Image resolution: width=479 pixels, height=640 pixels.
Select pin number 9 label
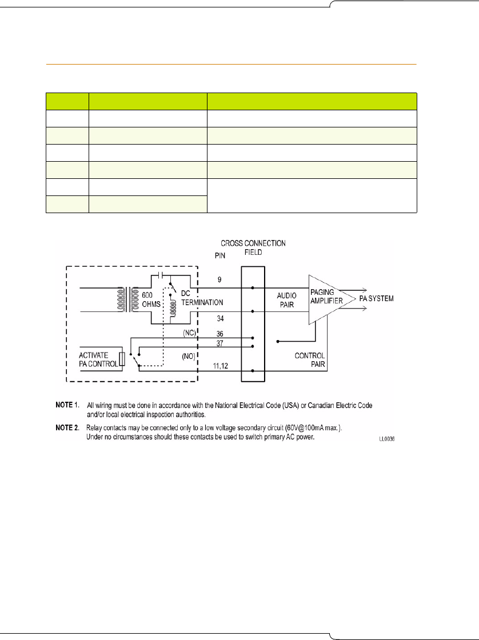pyautogui.click(x=220, y=280)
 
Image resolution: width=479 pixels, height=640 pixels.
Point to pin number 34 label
pyautogui.click(x=220, y=319)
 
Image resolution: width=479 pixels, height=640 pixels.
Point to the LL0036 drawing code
pyautogui.click(x=387, y=440)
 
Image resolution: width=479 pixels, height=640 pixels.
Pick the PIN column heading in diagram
pyautogui.click(x=220, y=256)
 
